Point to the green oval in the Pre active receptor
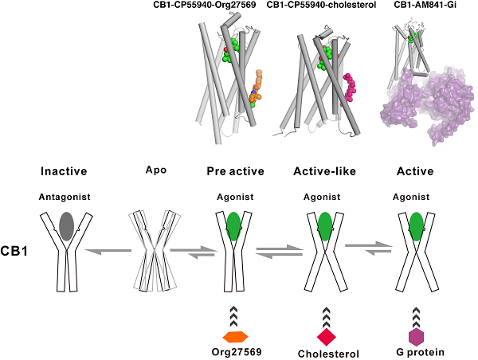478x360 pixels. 233,225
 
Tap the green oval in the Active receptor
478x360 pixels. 415,225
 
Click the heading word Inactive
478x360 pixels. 64,171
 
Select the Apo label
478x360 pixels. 156,170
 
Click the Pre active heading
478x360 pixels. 233,171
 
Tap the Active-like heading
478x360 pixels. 323,171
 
